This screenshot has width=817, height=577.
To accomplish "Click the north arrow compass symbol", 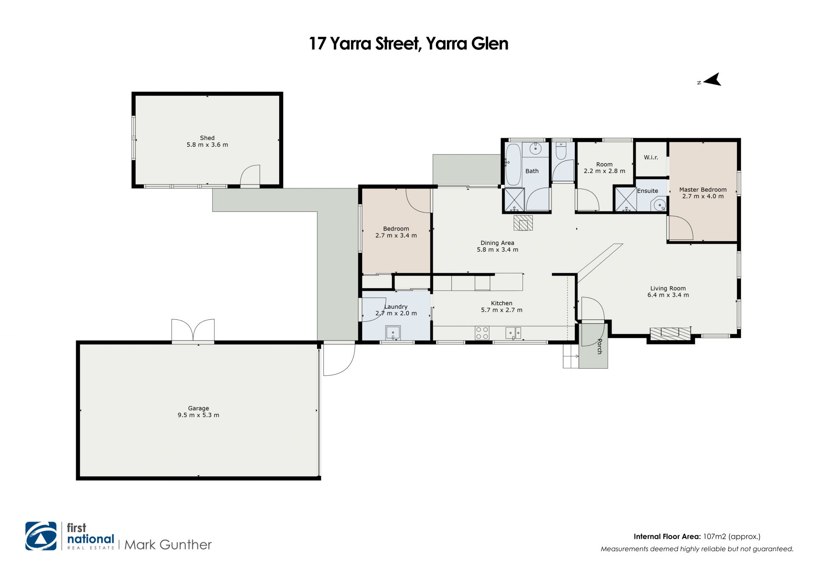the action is coord(712,80).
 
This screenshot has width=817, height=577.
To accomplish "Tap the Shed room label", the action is coord(207,138).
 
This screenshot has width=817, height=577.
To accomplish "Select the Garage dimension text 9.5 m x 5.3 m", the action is coord(198,415).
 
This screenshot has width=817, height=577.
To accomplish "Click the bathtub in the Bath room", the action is coord(513,165).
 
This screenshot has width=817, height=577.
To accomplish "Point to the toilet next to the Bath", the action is coord(561,151).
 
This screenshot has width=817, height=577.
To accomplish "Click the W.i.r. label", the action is coord(651,157).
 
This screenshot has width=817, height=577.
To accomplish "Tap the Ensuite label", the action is coord(647,191).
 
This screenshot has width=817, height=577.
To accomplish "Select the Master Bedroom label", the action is coord(703,190).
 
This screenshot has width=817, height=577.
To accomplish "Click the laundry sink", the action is coord(394,332).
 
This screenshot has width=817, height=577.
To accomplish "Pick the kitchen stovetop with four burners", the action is coord(482,333).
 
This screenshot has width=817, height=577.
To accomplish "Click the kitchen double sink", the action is coord(513,333).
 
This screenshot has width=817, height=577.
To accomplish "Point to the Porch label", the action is coord(600,347).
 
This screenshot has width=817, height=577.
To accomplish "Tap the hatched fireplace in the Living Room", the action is coord(670,334).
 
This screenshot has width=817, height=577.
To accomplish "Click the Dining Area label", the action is coord(497,243).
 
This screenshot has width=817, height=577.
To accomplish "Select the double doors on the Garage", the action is coord(193,330).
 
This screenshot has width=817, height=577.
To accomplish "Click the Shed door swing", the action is coord(250,175).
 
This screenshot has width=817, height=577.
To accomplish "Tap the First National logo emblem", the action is coord(41,536).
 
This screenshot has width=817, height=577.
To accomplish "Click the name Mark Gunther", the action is coord(168,545).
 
